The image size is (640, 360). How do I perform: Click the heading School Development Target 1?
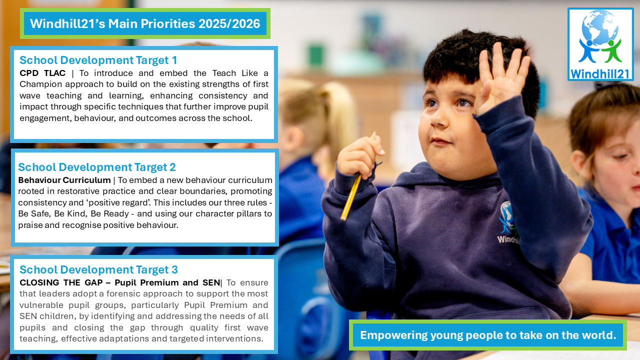(x=98, y=60)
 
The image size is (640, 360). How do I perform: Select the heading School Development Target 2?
(x=97, y=167)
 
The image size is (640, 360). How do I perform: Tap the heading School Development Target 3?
(x=98, y=269)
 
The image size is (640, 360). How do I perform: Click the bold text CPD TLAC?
(x=42, y=73)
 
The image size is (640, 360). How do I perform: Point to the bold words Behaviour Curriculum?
(x=64, y=180)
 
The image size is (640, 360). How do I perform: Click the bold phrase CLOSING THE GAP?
(x=61, y=282)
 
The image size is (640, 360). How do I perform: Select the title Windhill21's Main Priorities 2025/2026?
(x=145, y=23)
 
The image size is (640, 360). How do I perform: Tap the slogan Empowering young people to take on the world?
(x=488, y=335)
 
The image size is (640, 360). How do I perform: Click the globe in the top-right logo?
(x=600, y=27)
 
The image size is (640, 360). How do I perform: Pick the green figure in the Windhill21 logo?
(x=611, y=51)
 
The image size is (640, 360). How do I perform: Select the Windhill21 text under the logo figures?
(x=600, y=74)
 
